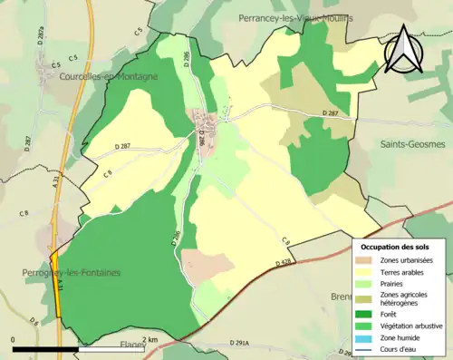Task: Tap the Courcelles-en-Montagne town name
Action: [x=108, y=77]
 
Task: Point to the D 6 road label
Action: [x=34, y=321]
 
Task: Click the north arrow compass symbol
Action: [x=401, y=50]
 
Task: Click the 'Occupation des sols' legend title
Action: [x=395, y=247]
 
